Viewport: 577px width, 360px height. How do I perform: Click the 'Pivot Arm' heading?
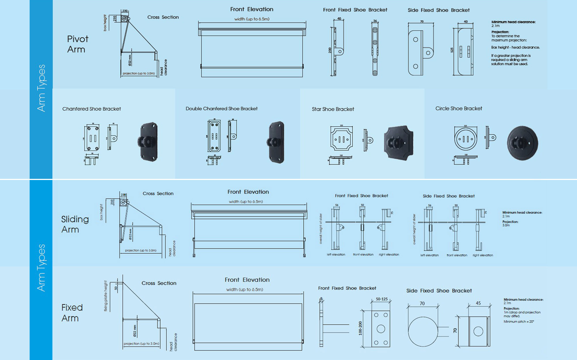coord(77,44)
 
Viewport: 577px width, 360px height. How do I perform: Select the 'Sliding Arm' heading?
coord(75,224)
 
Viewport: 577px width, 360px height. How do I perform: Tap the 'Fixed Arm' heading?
coord(72,313)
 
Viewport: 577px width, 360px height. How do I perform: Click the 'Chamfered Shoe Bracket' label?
coord(92,109)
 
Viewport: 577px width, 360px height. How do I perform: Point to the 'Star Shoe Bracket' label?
coord(333,109)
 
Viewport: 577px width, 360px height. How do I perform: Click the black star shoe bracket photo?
coord(399,143)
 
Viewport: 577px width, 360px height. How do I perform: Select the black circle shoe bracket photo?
coord(522,143)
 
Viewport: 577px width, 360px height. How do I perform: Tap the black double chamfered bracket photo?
coord(277,142)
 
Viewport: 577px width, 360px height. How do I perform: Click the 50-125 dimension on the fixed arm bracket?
coord(382,299)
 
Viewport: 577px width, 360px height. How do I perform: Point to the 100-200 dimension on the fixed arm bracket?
coord(360,328)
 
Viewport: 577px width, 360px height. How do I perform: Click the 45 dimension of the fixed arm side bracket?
coord(478,303)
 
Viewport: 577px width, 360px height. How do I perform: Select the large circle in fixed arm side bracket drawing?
coord(423,331)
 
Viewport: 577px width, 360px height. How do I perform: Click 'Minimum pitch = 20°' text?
coord(519,322)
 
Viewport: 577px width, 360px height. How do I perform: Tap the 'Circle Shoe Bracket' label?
coord(458,109)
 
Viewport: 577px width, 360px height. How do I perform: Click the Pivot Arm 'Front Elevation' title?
coord(252,9)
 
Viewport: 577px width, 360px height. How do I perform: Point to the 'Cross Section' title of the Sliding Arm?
coord(158,194)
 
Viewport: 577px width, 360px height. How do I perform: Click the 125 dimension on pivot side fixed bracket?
coord(452,50)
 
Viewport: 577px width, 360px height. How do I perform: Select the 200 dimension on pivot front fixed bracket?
coord(330,50)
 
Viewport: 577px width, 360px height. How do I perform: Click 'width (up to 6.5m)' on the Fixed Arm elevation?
coord(245,289)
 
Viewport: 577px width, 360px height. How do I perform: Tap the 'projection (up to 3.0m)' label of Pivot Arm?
coord(139,73)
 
